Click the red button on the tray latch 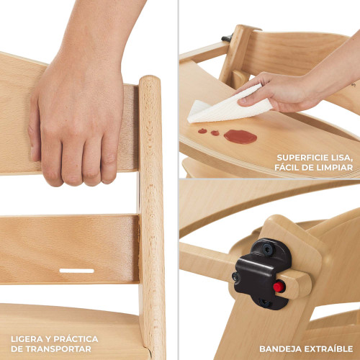coord(279,287)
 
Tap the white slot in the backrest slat coord(76,271)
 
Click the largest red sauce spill coord(240,137)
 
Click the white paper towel coord(229,106)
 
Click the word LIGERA coord(27,339)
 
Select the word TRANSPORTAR coord(58,348)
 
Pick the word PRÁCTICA coord(76,338)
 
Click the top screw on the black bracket coord(267,248)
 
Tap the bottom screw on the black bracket coord(265,302)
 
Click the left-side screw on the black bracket coord(236,277)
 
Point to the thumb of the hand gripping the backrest coord(33,130)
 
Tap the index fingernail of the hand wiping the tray coord(242,102)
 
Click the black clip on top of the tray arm coord(227,37)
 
